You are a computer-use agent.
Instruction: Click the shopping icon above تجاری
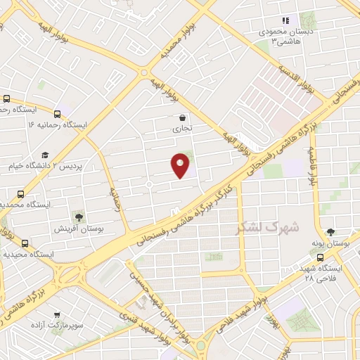[183, 118]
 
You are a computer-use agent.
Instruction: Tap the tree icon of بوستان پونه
[330, 231]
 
